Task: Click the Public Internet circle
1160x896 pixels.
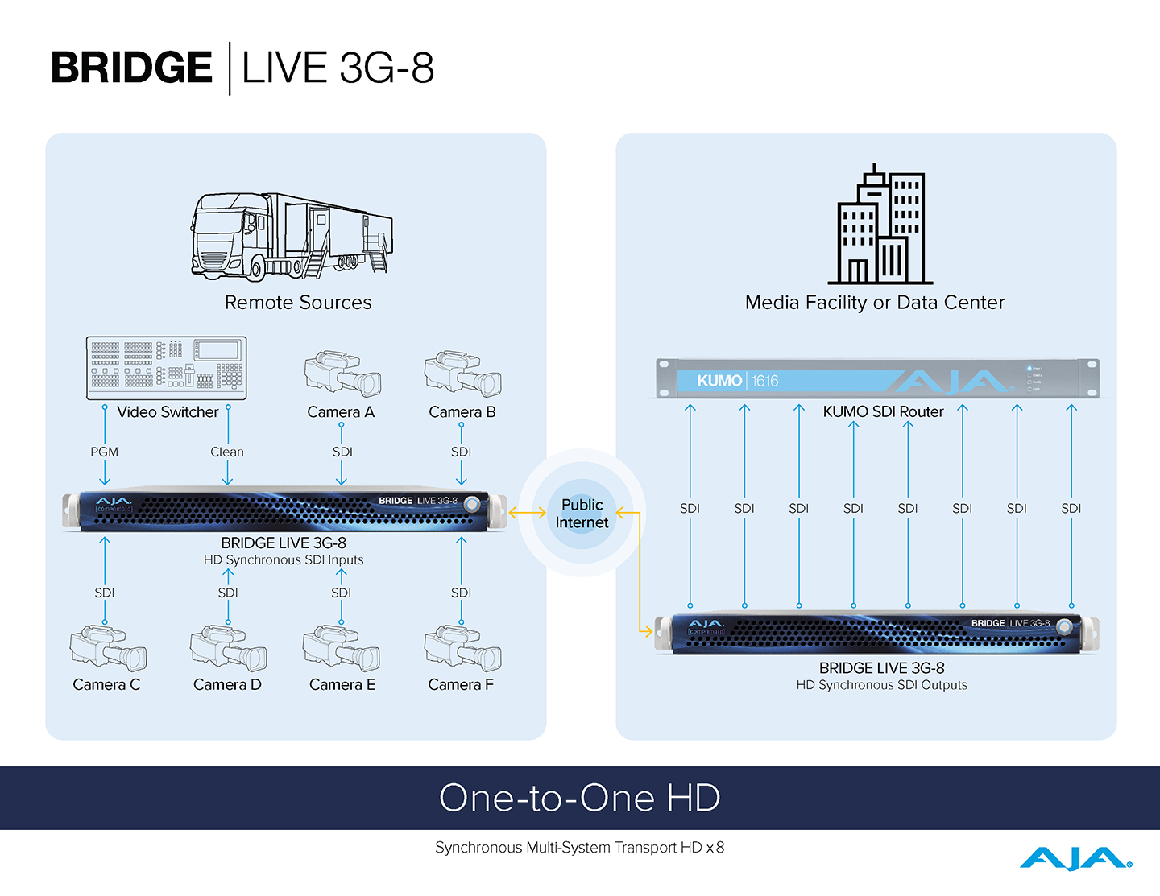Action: [582, 514]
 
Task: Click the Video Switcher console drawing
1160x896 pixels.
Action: [166, 368]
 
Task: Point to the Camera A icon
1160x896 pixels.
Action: [342, 374]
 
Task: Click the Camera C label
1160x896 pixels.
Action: [106, 685]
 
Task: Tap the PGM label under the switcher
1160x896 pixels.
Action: [105, 452]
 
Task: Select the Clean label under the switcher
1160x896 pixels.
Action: [227, 452]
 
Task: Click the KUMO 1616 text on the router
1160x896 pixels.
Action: [737, 381]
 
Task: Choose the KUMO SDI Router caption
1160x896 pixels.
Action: [883, 412]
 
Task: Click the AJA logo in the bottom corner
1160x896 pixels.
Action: [1075, 859]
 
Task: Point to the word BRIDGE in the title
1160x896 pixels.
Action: [132, 68]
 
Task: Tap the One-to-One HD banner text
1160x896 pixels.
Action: [580, 798]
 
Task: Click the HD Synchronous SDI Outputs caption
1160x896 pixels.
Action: [882, 685]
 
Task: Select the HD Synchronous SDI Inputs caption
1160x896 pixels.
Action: [284, 560]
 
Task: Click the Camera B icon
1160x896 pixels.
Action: [462, 374]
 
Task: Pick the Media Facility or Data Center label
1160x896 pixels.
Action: [875, 303]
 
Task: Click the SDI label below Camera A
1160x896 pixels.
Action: [342, 452]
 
